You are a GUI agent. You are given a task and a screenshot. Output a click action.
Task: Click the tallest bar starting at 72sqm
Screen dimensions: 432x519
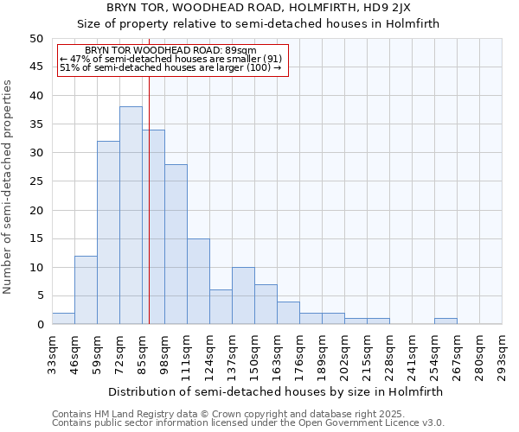click(x=131, y=215)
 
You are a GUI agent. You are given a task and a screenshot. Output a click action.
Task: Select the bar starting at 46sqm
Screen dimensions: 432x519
click(x=86, y=289)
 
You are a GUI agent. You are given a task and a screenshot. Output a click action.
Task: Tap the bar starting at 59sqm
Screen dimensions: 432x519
click(x=108, y=232)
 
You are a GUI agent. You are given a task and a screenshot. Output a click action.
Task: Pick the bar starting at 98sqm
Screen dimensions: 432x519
click(x=176, y=244)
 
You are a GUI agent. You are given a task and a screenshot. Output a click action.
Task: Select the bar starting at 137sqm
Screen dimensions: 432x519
click(x=243, y=295)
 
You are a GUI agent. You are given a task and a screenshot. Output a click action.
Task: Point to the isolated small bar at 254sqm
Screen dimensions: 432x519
click(x=445, y=321)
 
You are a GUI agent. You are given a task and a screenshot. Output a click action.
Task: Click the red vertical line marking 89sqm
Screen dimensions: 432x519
click(x=149, y=216)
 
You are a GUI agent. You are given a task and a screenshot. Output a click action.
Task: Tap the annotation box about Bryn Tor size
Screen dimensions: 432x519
click(x=171, y=59)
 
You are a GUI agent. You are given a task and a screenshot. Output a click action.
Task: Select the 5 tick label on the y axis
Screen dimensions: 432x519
click(x=40, y=296)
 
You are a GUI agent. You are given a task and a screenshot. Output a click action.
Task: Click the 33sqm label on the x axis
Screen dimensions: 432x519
click(x=52, y=353)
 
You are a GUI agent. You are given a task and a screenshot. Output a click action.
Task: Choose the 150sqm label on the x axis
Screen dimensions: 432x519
click(x=254, y=353)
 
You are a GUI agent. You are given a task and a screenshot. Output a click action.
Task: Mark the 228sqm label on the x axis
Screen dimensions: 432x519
click(x=389, y=353)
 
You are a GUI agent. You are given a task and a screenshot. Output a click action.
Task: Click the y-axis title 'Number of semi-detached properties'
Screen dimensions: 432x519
click(x=9, y=187)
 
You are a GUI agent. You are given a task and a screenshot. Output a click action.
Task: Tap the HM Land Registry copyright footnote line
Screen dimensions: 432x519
click(x=227, y=414)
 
